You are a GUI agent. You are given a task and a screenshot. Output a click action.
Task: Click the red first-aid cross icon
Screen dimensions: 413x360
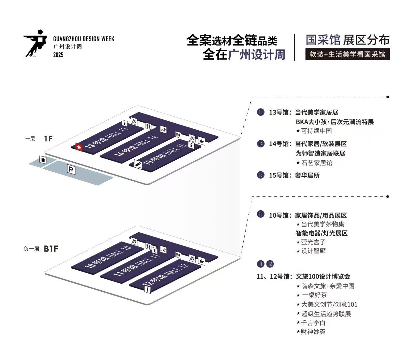[x=79, y=147]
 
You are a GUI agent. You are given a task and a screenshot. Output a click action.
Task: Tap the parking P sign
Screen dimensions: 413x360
[x=71, y=169]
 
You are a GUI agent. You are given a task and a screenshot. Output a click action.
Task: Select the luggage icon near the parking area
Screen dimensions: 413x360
[x=43, y=160]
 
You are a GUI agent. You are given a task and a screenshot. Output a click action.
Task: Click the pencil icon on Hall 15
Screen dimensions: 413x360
[x=138, y=164]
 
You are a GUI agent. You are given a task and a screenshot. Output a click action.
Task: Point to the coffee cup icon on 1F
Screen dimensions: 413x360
[x=202, y=141]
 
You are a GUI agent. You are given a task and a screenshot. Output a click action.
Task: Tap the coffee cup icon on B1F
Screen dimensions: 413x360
[x=202, y=261]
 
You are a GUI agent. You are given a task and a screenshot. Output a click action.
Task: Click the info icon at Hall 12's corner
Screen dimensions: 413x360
[x=148, y=290]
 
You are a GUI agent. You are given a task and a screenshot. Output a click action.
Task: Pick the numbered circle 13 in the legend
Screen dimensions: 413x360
[x=261, y=112]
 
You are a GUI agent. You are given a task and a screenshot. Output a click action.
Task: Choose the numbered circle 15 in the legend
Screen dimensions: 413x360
[x=261, y=175]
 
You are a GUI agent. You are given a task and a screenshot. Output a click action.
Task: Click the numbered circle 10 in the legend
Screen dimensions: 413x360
[x=261, y=214]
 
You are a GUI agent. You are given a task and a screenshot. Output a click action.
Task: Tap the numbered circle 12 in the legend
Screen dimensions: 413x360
[x=270, y=264]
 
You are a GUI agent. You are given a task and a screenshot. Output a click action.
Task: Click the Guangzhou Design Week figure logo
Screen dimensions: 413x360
[x=35, y=43]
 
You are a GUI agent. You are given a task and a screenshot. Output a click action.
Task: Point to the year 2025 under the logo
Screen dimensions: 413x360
[x=58, y=55]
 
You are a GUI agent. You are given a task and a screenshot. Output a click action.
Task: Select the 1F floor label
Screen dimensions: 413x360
[x=48, y=139]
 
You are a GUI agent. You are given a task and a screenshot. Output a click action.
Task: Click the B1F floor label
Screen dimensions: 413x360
[x=51, y=249]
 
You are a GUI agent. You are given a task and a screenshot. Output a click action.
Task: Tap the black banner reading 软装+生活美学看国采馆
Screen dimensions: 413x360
[x=348, y=54]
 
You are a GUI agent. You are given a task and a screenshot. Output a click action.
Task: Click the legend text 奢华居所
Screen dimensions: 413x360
[x=307, y=175]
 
